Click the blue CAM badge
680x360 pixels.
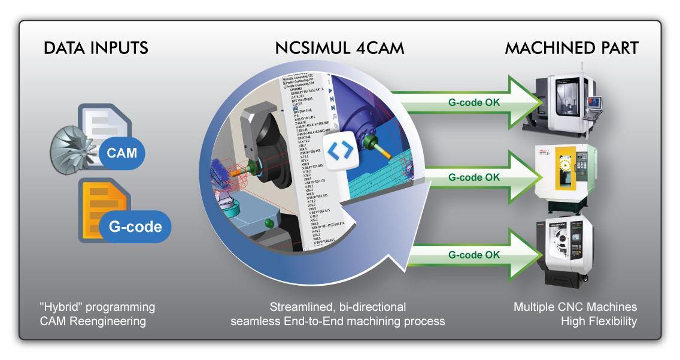[122, 153]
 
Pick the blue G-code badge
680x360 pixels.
[135, 226]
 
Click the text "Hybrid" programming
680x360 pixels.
[95, 307]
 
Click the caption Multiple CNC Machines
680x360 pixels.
[575, 307]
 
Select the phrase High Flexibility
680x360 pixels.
[599, 322]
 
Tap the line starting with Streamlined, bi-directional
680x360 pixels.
[338, 307]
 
